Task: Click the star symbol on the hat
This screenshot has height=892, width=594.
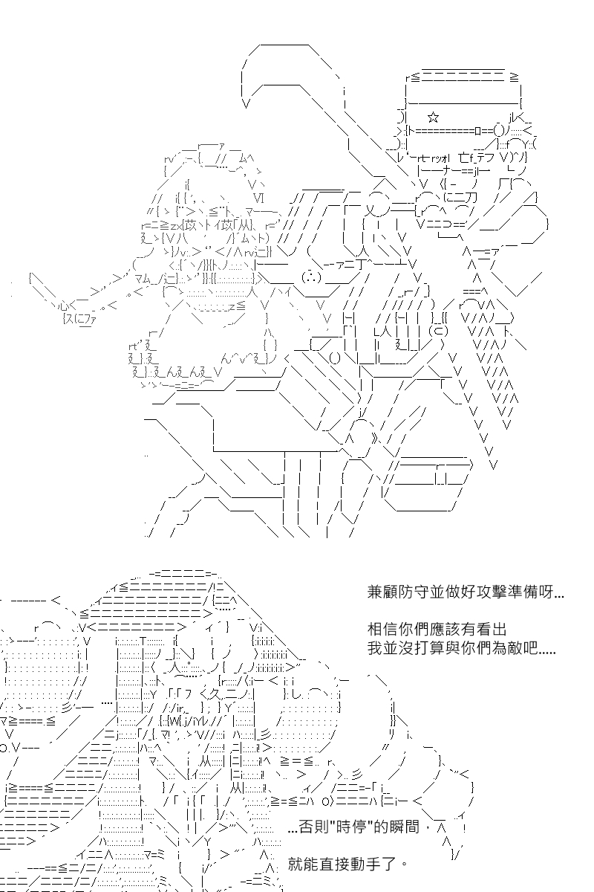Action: click(434, 117)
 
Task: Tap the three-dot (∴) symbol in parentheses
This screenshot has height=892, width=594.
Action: click(312, 277)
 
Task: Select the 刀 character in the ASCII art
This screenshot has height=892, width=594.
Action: click(471, 197)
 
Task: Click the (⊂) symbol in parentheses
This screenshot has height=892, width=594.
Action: click(438, 331)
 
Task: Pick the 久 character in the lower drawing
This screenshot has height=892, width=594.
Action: click(218, 694)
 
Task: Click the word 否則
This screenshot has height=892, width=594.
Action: click(314, 827)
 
